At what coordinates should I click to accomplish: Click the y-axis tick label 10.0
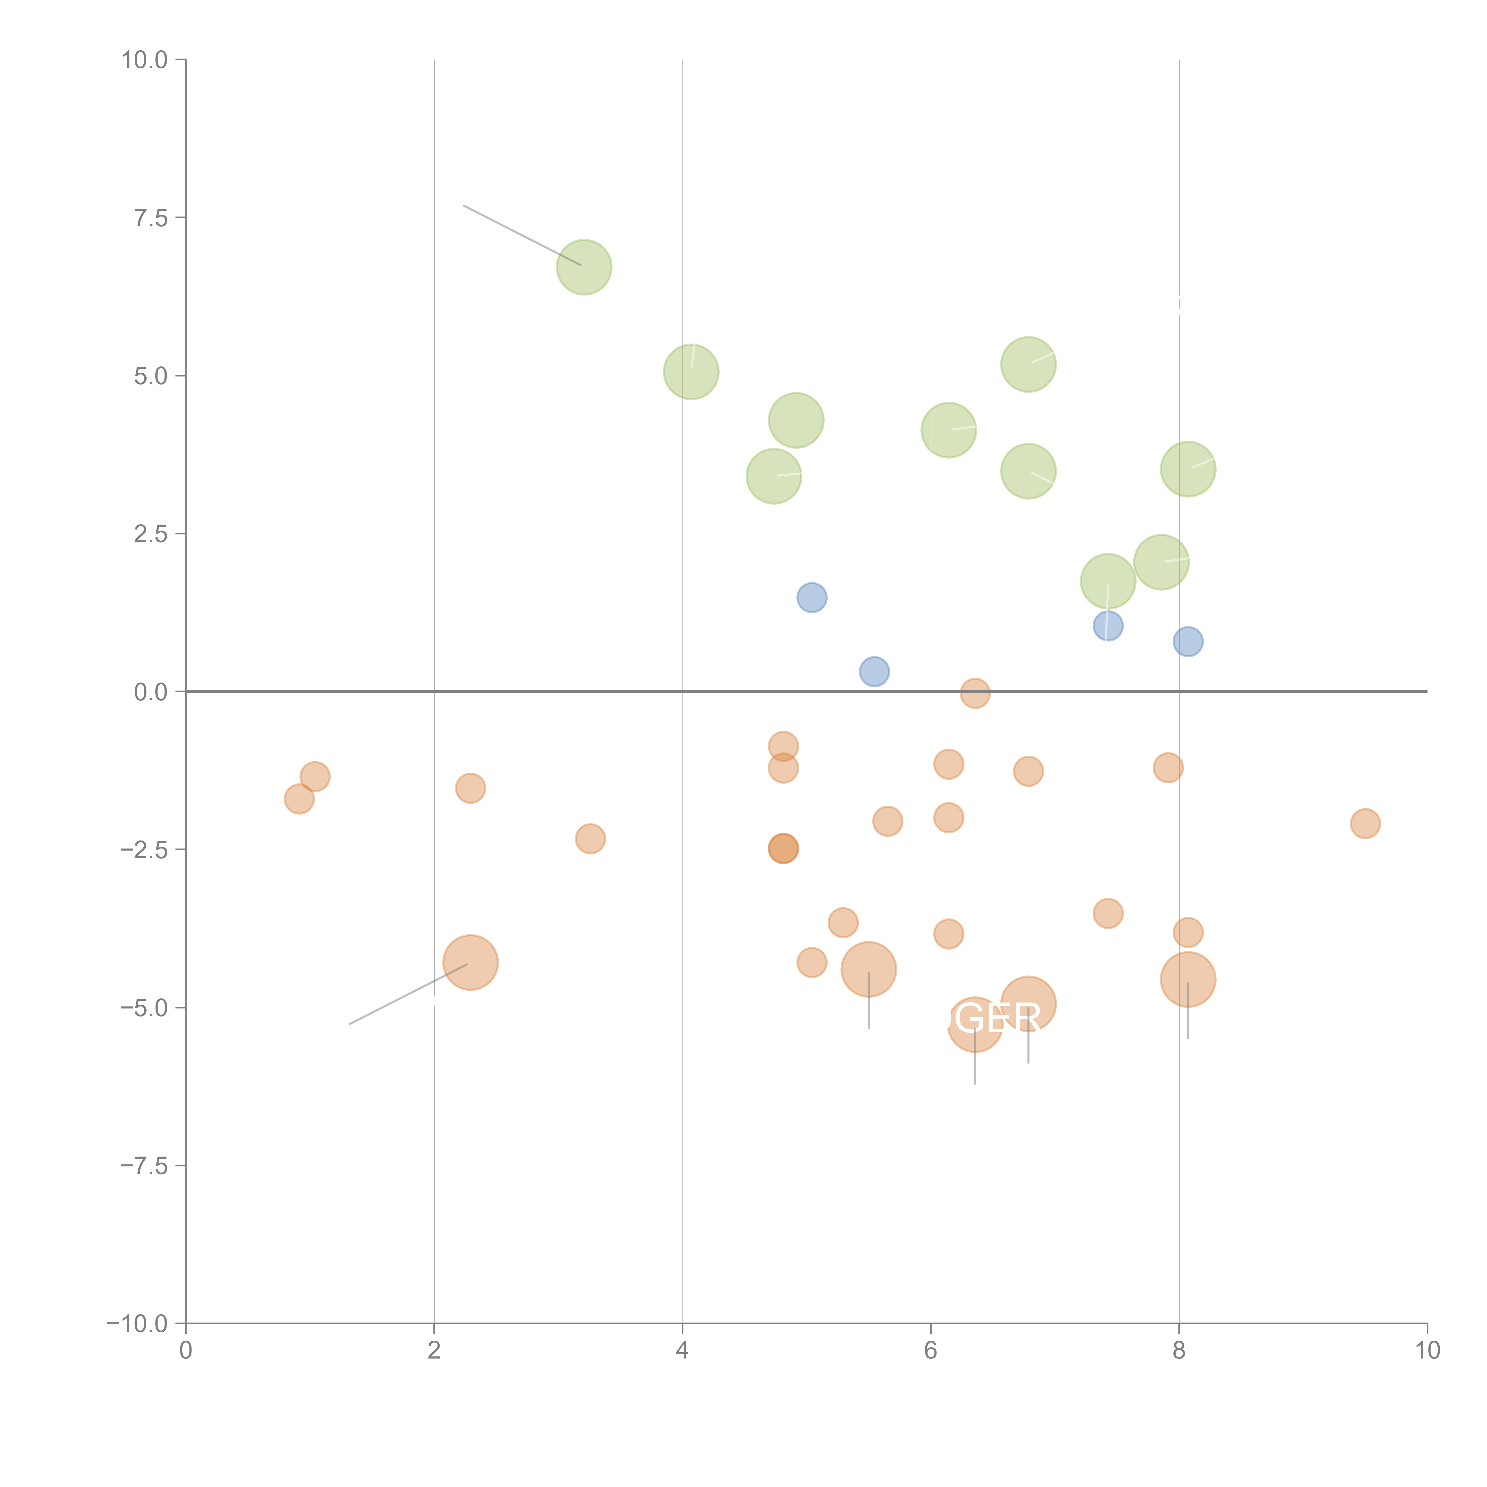tap(145, 60)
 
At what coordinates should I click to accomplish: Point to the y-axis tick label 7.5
tap(151, 218)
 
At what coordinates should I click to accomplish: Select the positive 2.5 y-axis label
tap(151, 534)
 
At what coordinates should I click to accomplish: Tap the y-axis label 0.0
tap(151, 692)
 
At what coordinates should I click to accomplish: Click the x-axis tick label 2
tap(434, 1351)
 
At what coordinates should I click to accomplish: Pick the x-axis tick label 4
tap(682, 1351)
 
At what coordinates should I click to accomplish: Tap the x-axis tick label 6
tap(931, 1351)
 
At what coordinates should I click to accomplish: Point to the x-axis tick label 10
tap(1427, 1351)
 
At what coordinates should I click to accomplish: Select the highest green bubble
tap(584, 267)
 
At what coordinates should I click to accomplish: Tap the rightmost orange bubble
tap(1365, 824)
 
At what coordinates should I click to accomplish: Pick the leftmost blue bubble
tap(811, 597)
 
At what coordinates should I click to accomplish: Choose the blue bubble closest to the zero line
tap(873, 671)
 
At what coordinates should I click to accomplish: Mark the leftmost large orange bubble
tap(470, 962)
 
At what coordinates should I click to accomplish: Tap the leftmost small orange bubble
tap(299, 799)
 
